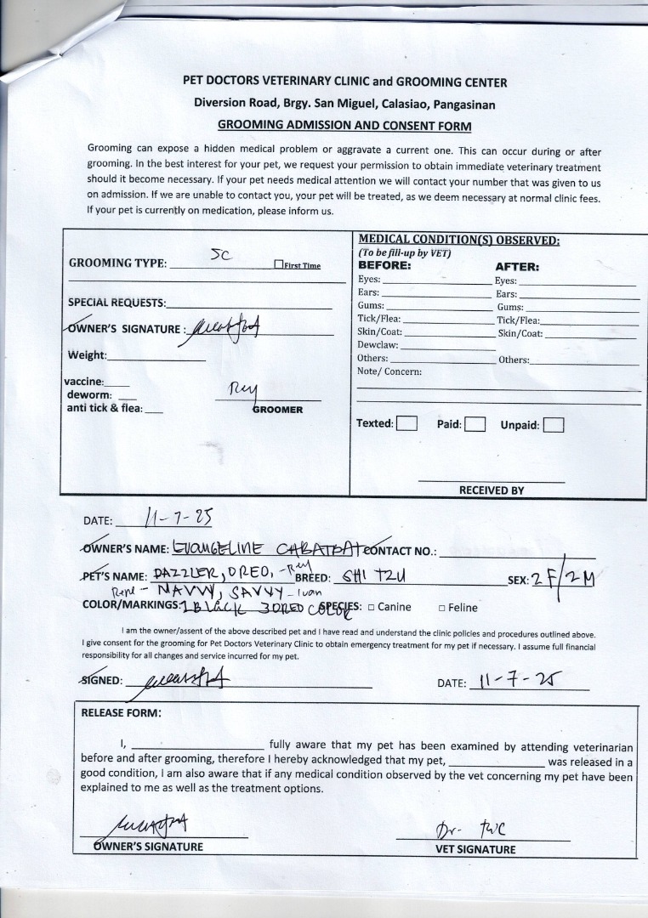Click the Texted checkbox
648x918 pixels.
[x=406, y=423]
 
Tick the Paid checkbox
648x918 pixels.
[x=475, y=424]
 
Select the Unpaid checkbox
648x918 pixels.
[x=554, y=425]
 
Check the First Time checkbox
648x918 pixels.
[x=278, y=265]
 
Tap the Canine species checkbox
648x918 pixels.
[x=372, y=608]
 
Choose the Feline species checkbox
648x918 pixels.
[x=442, y=608]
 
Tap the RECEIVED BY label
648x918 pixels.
[x=492, y=490]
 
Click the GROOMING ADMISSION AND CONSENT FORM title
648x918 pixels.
[x=344, y=126]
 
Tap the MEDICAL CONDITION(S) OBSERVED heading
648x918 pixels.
[x=458, y=241]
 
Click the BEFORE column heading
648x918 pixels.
[x=384, y=265]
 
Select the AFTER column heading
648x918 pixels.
[x=517, y=266]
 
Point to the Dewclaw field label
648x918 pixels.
[x=378, y=345]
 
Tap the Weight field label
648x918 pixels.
[x=87, y=355]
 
